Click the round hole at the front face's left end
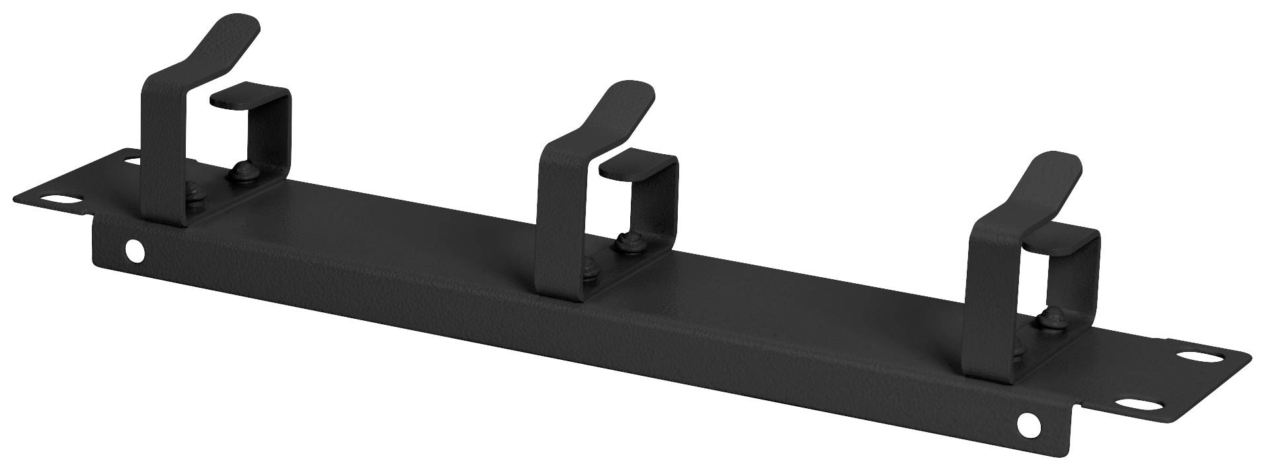coord(135,249)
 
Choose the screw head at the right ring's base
coord(1047,320)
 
